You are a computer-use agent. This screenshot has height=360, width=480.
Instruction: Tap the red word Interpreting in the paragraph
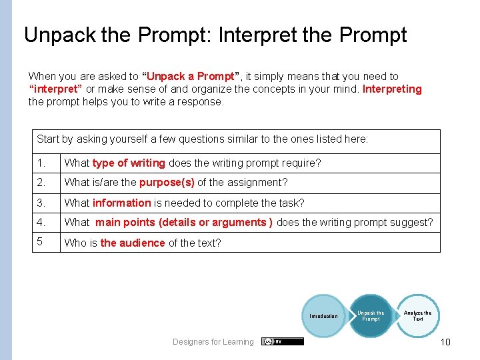click(x=392, y=89)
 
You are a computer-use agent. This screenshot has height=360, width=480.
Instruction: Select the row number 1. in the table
click(x=41, y=163)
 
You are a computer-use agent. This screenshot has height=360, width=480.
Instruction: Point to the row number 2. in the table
click(x=41, y=183)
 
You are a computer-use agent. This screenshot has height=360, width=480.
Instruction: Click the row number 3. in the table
click(x=41, y=203)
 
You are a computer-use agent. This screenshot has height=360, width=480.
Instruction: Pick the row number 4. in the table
click(x=41, y=222)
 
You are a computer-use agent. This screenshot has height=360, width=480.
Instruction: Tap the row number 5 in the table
click(x=40, y=242)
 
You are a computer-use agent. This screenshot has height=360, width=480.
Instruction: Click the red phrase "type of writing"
click(x=129, y=163)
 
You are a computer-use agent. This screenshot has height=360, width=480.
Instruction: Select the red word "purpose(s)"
click(x=167, y=183)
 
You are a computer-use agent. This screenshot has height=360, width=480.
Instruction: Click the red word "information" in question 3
click(x=122, y=203)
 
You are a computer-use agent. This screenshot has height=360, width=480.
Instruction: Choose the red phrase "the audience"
click(x=133, y=243)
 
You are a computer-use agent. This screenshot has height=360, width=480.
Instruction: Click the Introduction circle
click(x=323, y=316)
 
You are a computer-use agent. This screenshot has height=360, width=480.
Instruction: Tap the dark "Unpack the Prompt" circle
click(x=371, y=316)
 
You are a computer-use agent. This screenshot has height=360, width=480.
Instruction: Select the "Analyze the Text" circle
click(x=417, y=316)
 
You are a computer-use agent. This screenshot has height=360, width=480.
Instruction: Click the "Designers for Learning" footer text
click(x=213, y=342)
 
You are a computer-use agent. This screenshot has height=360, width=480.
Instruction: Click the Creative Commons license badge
click(x=283, y=341)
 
